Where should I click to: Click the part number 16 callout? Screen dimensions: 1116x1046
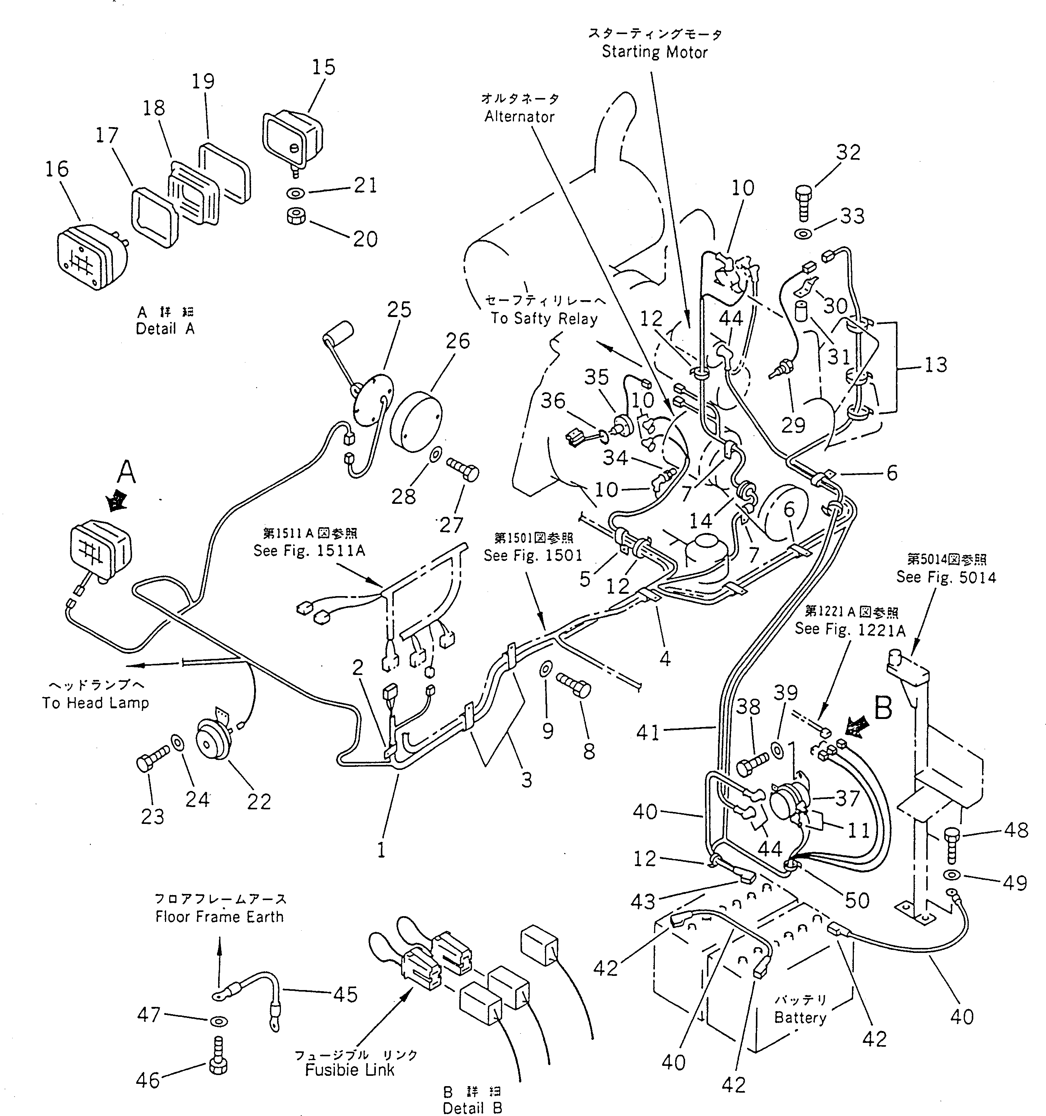point(57,169)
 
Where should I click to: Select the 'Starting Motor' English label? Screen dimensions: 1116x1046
point(654,52)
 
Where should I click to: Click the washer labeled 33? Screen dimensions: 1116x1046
point(803,234)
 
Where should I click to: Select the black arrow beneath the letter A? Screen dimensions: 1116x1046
point(117,500)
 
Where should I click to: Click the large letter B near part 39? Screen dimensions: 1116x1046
point(883,708)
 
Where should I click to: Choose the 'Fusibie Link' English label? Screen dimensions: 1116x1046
point(349,1070)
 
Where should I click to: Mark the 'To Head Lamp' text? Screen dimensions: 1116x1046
point(95,703)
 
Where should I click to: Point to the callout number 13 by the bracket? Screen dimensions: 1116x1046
point(935,365)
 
